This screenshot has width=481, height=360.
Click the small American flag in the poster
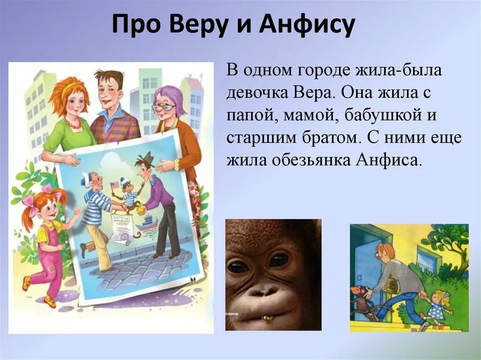tap(115, 185)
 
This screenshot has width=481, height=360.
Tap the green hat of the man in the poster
tap(147, 158)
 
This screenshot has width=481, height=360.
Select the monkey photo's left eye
tap(239, 266)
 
